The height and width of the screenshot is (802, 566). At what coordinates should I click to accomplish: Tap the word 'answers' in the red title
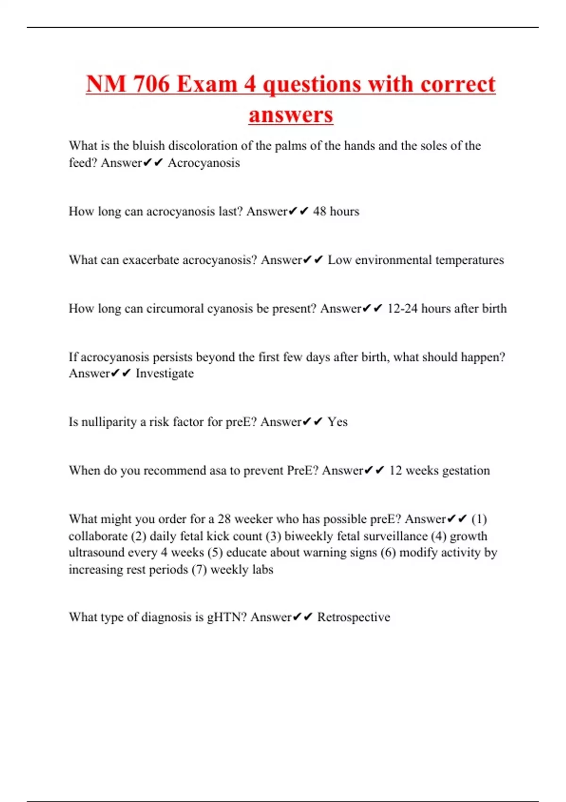pos(291,115)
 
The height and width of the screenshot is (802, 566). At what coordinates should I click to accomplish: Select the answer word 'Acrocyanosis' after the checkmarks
pos(204,163)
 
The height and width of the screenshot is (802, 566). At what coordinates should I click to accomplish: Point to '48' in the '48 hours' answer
pos(319,211)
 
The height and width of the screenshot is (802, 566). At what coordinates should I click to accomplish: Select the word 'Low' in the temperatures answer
pos(340,260)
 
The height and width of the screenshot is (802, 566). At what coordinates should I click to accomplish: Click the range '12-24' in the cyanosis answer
pos(402,309)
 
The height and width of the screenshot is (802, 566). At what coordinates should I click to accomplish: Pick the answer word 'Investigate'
pos(165,374)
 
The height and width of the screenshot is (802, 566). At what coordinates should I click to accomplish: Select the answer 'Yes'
pos(338,422)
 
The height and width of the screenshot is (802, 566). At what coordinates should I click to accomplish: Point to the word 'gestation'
pos(466,470)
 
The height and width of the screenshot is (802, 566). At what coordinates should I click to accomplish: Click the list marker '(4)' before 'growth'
pos(439,536)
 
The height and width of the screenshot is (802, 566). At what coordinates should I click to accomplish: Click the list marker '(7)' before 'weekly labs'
pos(199,569)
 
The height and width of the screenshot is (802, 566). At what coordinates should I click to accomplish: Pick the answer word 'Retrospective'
pos(354,617)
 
